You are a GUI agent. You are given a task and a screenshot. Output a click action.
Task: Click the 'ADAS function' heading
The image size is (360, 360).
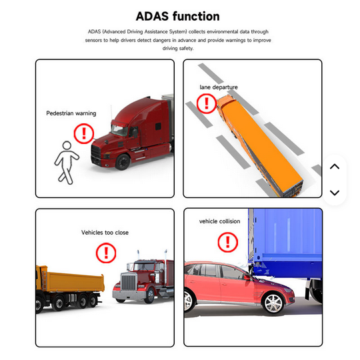click(178, 17)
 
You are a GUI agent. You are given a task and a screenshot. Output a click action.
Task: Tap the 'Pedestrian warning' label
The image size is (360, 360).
click(71, 113)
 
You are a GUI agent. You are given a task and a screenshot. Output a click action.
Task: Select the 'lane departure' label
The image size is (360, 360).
click(219, 87)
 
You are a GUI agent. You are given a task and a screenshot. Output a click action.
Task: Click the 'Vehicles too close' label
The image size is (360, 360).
click(105, 233)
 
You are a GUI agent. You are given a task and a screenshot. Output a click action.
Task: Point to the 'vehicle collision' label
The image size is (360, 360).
click(220, 221)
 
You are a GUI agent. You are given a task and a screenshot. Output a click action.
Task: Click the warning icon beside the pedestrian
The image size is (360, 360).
click(84, 134)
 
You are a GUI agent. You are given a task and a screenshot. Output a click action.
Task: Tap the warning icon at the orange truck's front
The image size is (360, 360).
click(207, 103)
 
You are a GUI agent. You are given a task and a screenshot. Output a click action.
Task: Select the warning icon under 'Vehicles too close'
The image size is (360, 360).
click(106, 253)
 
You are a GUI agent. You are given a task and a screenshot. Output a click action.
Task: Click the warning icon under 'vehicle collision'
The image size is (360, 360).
click(228, 242)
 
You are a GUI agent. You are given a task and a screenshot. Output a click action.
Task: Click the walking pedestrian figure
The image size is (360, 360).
click(66, 163)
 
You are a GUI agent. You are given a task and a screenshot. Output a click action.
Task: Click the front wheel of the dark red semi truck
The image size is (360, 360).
click(123, 162)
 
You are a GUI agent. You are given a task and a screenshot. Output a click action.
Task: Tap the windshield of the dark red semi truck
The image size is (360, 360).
click(119, 131)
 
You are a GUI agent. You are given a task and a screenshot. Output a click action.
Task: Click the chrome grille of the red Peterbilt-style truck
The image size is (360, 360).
click(129, 283)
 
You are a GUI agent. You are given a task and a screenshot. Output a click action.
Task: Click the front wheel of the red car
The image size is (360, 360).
click(273, 303)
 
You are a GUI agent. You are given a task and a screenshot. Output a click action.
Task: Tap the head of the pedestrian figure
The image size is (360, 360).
click(67, 145)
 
